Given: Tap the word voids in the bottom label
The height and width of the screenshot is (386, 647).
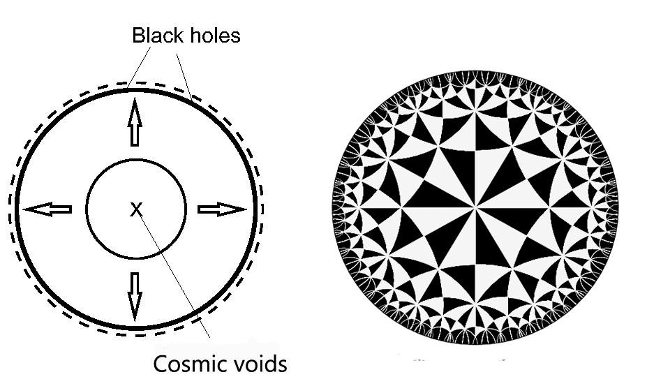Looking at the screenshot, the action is [x=258, y=364].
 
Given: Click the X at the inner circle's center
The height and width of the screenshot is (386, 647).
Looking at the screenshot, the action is [x=136, y=209].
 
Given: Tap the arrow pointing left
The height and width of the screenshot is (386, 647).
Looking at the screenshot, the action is [x=47, y=209].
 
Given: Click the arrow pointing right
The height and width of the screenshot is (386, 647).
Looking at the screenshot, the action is [x=222, y=209].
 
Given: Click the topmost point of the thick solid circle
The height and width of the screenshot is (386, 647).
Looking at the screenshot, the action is [x=136, y=87].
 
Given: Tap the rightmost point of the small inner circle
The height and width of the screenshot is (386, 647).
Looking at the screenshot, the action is [x=186, y=209].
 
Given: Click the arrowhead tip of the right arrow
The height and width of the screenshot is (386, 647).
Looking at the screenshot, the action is [x=246, y=209].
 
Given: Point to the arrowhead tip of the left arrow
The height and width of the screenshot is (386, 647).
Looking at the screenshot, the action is [x=24, y=209].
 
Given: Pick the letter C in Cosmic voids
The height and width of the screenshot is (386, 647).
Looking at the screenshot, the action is [x=160, y=364].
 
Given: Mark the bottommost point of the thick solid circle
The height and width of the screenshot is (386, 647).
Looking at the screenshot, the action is [x=136, y=327].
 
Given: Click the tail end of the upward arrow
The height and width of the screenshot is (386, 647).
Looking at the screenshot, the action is [x=135, y=145].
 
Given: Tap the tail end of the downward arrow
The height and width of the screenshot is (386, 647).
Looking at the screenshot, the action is [x=135, y=273].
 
